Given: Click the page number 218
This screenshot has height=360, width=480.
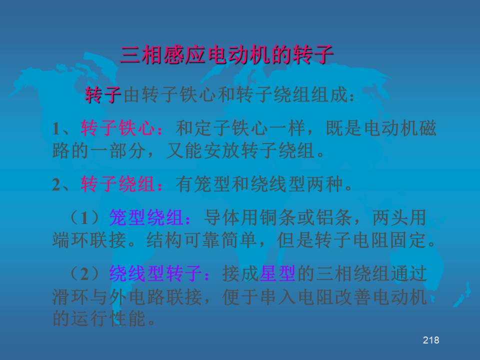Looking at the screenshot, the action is tap(430, 340).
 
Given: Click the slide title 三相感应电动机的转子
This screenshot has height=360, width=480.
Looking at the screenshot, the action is tap(227, 55).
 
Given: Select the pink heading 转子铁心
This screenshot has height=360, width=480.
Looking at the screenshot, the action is tap(118, 128).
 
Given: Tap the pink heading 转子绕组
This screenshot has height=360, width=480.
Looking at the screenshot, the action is tap(118, 184).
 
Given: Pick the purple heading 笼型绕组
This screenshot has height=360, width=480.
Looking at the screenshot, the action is tap(146, 217).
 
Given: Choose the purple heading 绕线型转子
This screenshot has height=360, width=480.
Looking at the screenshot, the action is tap(156, 273).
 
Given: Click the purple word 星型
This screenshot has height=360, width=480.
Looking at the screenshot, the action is tap(277, 273).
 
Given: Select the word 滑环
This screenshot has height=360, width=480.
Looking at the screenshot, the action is tap(71, 296).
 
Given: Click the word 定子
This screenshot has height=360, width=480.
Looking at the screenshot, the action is tap(213, 128).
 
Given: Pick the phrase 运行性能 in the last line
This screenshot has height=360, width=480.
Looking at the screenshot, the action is tap(108, 318).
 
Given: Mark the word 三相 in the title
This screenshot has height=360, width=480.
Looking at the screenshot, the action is tap(141, 55).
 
